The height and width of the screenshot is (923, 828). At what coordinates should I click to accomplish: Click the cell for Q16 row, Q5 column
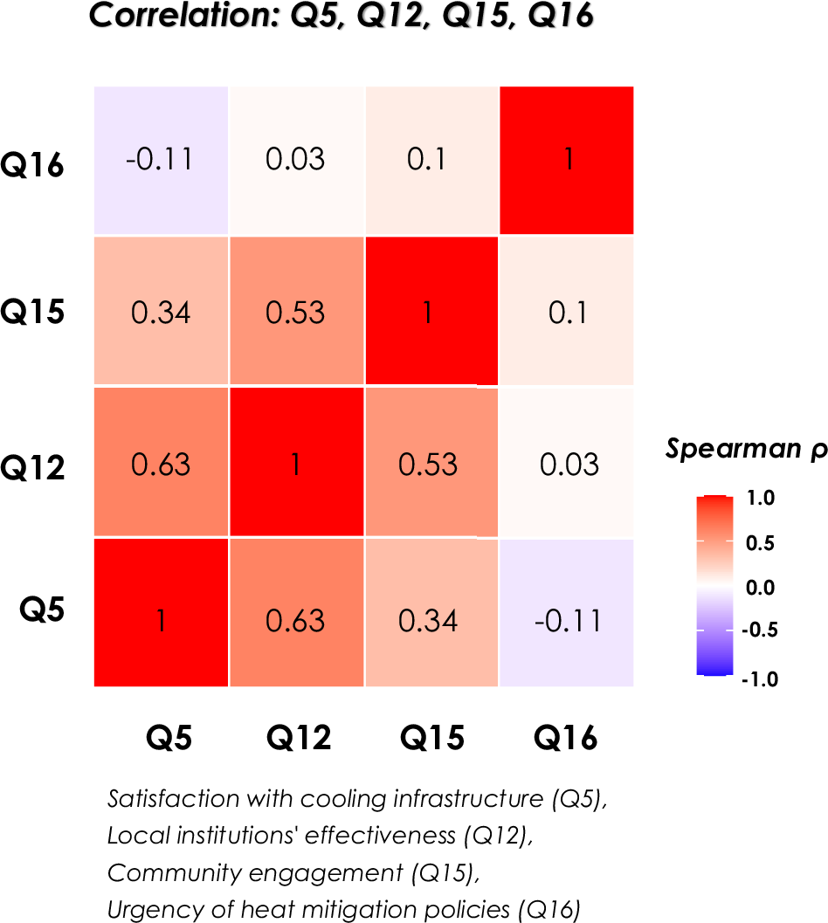[162, 161]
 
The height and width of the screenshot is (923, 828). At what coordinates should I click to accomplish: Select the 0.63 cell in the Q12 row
[162, 462]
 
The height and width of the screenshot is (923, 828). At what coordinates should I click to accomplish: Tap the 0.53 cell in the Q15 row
[296, 312]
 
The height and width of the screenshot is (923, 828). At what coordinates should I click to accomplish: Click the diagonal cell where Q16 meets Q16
[567, 161]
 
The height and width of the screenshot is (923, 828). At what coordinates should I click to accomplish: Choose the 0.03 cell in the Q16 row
[296, 161]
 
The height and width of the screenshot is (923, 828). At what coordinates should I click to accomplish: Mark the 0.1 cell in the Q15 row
[567, 312]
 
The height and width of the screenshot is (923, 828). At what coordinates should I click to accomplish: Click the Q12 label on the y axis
[32, 468]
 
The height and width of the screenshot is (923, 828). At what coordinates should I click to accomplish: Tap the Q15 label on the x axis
[432, 739]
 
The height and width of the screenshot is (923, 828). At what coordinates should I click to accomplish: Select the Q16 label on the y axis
[32, 164]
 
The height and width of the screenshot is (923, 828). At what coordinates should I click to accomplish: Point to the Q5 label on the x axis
[168, 739]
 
